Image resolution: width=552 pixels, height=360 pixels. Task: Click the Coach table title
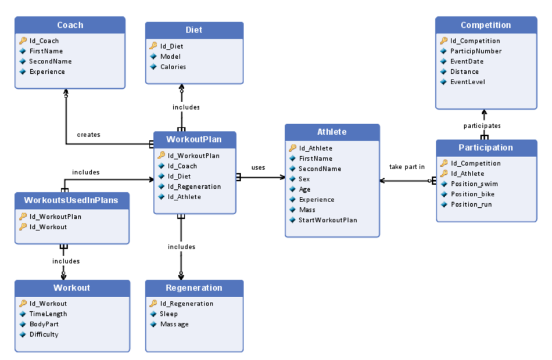click(70, 26)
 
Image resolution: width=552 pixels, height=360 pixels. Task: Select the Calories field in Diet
click(173, 67)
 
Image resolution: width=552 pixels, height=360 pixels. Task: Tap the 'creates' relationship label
click(88, 135)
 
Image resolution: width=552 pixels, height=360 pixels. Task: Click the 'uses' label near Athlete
click(258, 168)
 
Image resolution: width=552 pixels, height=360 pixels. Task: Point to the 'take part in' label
click(407, 167)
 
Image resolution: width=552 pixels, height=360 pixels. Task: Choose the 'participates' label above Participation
click(482, 125)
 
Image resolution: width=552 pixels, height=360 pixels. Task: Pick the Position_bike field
click(472, 195)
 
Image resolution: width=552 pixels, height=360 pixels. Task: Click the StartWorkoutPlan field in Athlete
click(328, 220)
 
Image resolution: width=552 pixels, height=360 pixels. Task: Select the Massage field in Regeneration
click(174, 324)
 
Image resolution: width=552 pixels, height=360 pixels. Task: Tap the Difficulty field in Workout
click(44, 334)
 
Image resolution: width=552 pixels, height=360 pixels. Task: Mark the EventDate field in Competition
click(467, 62)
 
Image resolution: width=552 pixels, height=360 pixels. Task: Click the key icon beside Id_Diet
click(153, 46)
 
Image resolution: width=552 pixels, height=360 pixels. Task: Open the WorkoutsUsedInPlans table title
click(71, 200)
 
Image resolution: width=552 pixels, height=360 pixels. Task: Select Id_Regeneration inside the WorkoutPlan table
click(194, 186)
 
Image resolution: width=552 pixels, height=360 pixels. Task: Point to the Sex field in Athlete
click(304, 179)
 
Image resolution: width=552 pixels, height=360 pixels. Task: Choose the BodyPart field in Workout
click(44, 324)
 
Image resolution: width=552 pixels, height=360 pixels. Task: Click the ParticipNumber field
click(476, 51)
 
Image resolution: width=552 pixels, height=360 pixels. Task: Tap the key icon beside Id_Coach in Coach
click(23, 41)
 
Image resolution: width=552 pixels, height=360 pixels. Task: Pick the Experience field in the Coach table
click(47, 72)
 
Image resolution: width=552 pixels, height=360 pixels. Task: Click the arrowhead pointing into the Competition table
click(483, 112)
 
